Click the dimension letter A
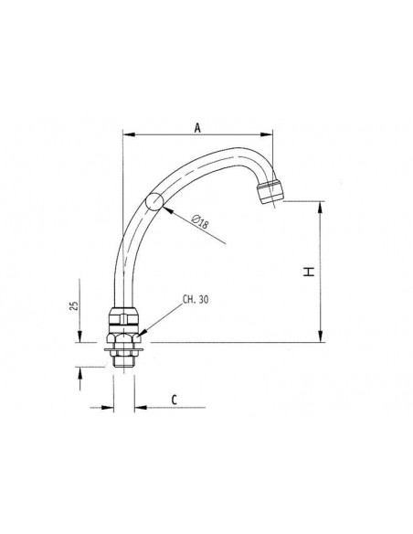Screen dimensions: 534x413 (198, 128)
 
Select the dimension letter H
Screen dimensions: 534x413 (310, 272)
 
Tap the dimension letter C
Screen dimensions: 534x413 (174, 400)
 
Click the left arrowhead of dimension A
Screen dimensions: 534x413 (127, 136)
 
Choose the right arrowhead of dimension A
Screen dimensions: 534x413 (275, 136)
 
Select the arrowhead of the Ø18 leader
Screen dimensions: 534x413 (167, 209)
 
